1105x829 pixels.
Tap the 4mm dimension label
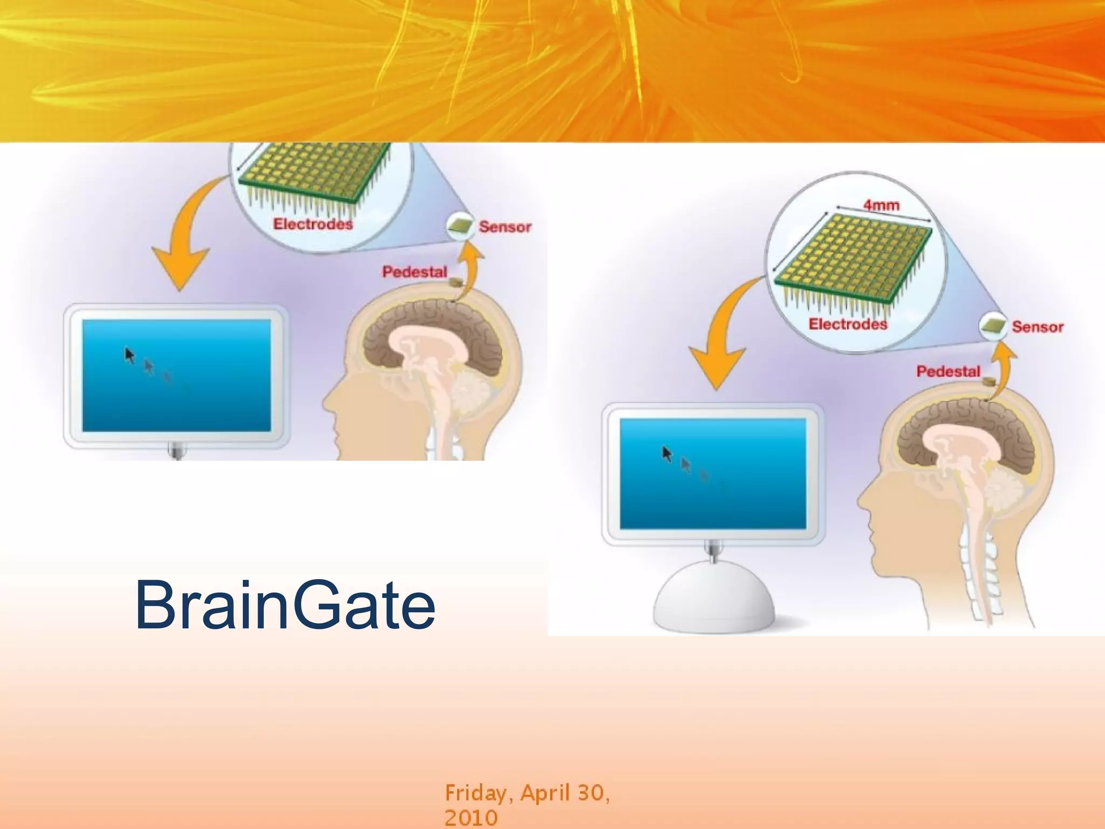[x=881, y=206]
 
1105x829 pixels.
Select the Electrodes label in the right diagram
[x=848, y=324]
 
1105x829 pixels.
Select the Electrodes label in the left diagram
[x=313, y=224]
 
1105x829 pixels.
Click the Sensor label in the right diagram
[x=1037, y=327]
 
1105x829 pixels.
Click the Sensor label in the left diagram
[x=505, y=227]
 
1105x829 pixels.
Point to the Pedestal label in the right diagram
[x=948, y=371]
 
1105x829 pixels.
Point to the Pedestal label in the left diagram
[x=414, y=271]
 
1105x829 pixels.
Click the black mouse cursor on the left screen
[x=129, y=355]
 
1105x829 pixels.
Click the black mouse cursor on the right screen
[x=667, y=454]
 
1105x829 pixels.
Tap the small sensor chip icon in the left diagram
[x=460, y=226]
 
